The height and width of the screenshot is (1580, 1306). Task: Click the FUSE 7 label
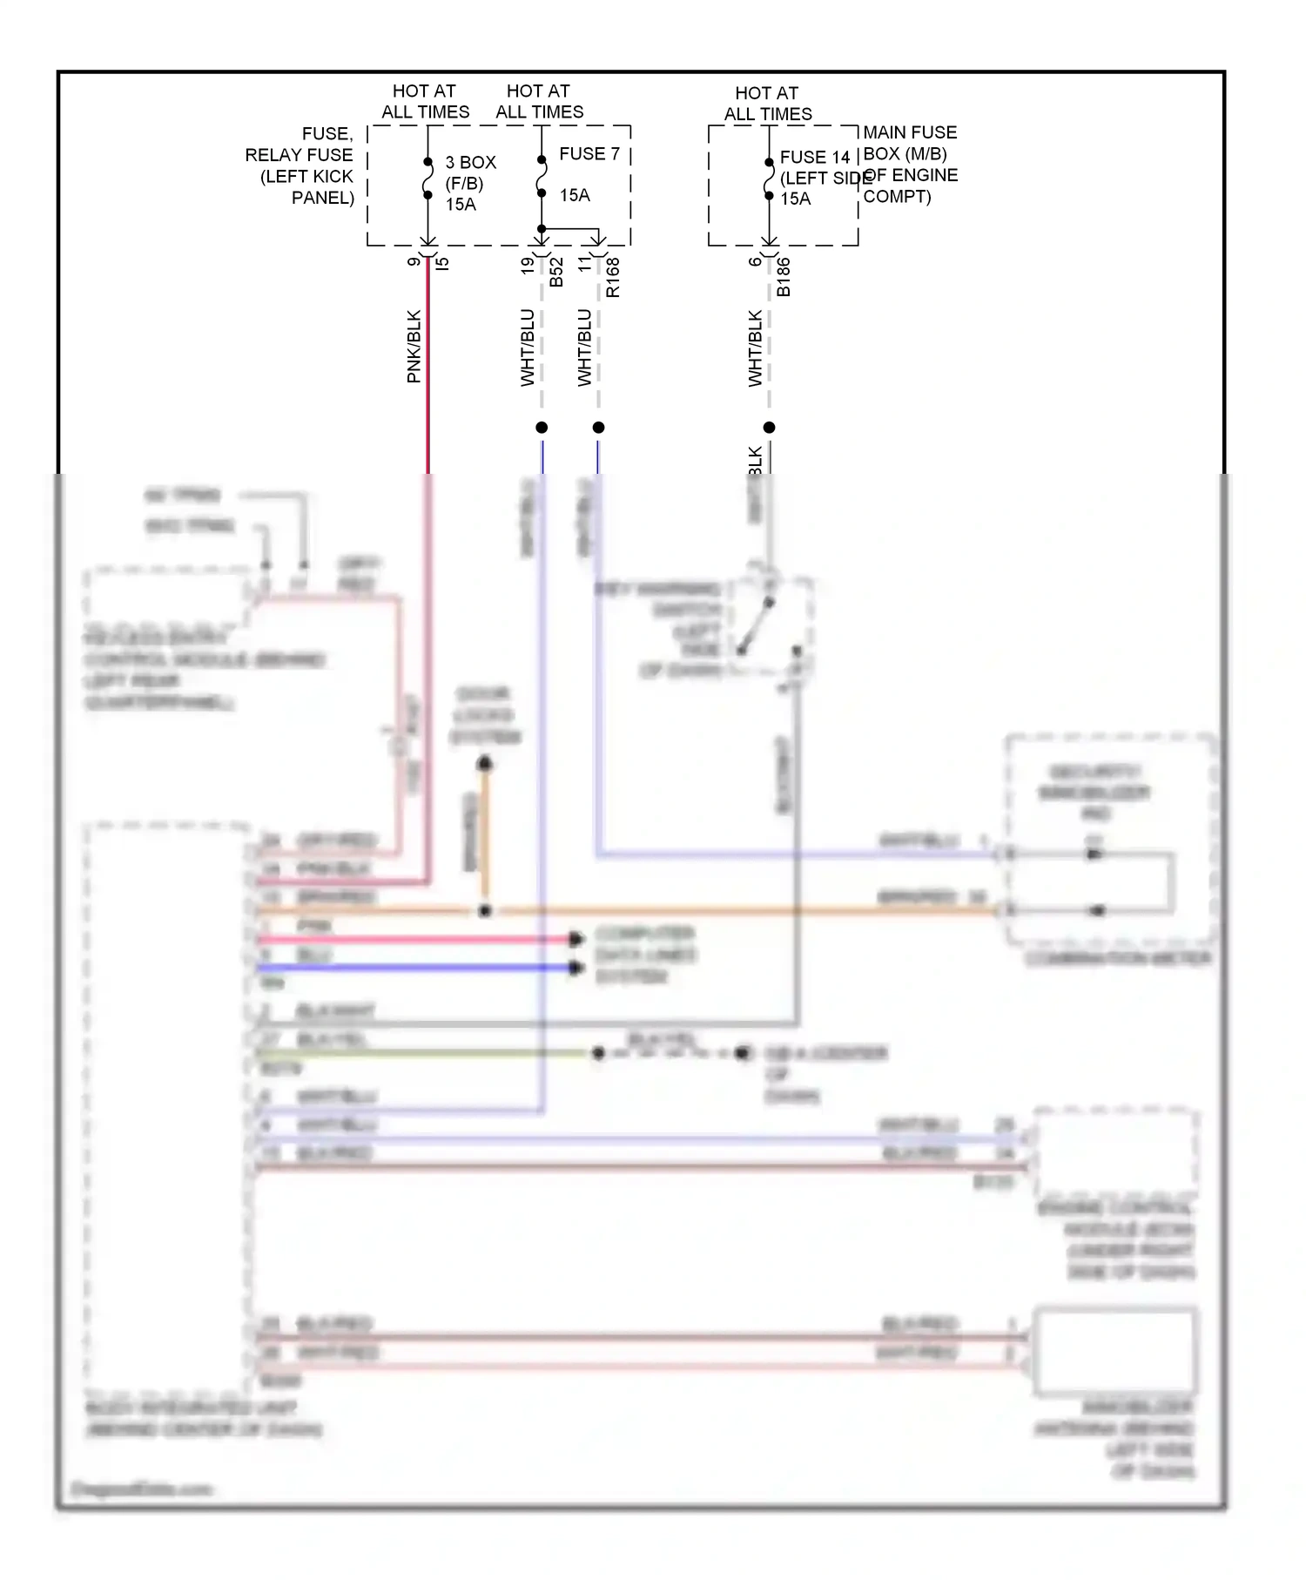(x=589, y=154)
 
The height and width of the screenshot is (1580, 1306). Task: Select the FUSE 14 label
(x=814, y=158)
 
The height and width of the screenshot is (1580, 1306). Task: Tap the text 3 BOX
(x=470, y=163)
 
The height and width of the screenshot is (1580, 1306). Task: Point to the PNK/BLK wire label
(x=414, y=347)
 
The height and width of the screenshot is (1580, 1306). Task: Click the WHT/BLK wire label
(x=755, y=348)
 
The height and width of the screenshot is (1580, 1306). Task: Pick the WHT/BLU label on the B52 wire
(x=528, y=348)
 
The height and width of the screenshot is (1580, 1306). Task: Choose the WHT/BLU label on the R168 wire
(x=584, y=348)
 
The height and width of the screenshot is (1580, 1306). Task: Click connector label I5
(x=442, y=262)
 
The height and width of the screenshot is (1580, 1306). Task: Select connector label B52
(x=556, y=271)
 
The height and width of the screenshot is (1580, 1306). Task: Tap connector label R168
(x=613, y=277)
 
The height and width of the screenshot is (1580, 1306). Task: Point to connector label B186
(x=784, y=277)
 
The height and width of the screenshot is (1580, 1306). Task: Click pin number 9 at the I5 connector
(x=414, y=261)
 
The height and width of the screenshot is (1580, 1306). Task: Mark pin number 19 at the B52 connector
(x=528, y=266)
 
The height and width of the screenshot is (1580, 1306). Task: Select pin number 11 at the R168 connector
(x=584, y=264)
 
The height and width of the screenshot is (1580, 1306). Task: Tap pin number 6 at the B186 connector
(x=755, y=261)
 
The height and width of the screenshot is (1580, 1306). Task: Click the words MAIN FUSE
(x=910, y=132)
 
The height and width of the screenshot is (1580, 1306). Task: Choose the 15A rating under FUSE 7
(x=575, y=195)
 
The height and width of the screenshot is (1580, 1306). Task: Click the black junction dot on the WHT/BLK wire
(x=769, y=428)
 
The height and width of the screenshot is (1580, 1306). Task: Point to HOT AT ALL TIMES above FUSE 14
(x=767, y=104)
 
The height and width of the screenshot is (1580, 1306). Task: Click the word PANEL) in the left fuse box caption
(x=322, y=198)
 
